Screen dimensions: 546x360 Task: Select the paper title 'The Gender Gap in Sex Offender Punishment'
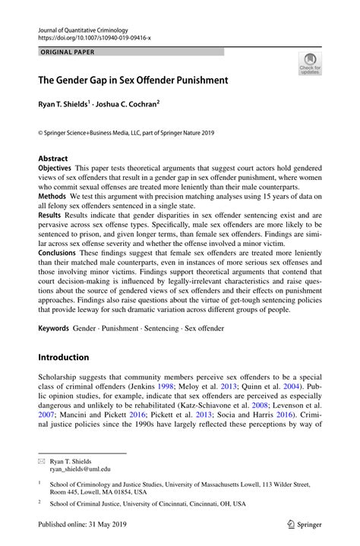[x=133, y=79]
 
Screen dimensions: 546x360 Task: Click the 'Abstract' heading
[x=52, y=159]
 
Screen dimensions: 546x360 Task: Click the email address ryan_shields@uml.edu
[x=80, y=469]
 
